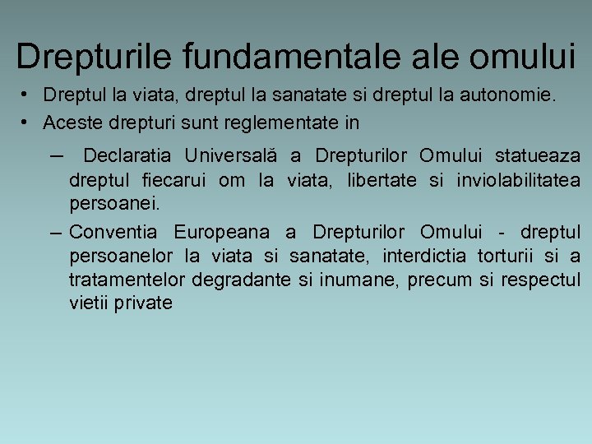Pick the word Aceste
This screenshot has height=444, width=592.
tap(70, 123)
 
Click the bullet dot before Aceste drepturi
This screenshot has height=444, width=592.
tap(27, 123)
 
